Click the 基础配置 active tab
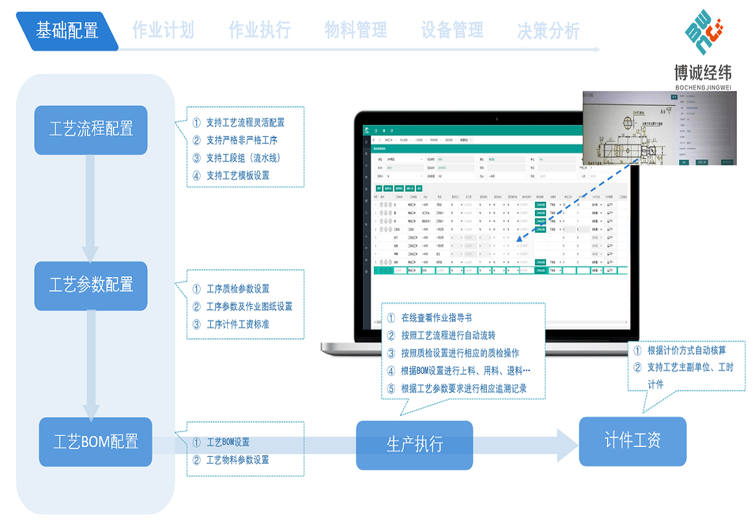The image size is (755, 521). (x=68, y=30)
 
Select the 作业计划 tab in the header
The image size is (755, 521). (x=163, y=30)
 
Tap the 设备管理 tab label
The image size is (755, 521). (x=452, y=30)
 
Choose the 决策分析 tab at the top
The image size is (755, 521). (x=548, y=30)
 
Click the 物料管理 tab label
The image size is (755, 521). (x=356, y=30)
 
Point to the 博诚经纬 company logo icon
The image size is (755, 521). (x=707, y=32)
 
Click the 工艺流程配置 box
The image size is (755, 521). (x=91, y=130)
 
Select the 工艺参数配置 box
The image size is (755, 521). (x=91, y=285)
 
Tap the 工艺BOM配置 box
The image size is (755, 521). (x=95, y=442)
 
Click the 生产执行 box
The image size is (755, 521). (x=414, y=444)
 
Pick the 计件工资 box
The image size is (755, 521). (x=632, y=441)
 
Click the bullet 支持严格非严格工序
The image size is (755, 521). (x=241, y=140)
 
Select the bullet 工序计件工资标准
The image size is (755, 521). (x=237, y=324)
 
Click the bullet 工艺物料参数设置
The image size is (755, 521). (x=237, y=460)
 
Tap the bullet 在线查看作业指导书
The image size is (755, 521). (x=436, y=318)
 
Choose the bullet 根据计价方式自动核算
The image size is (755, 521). (x=686, y=350)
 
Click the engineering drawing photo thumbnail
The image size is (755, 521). (x=659, y=128)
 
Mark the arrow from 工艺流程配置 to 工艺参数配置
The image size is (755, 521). (x=90, y=208)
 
